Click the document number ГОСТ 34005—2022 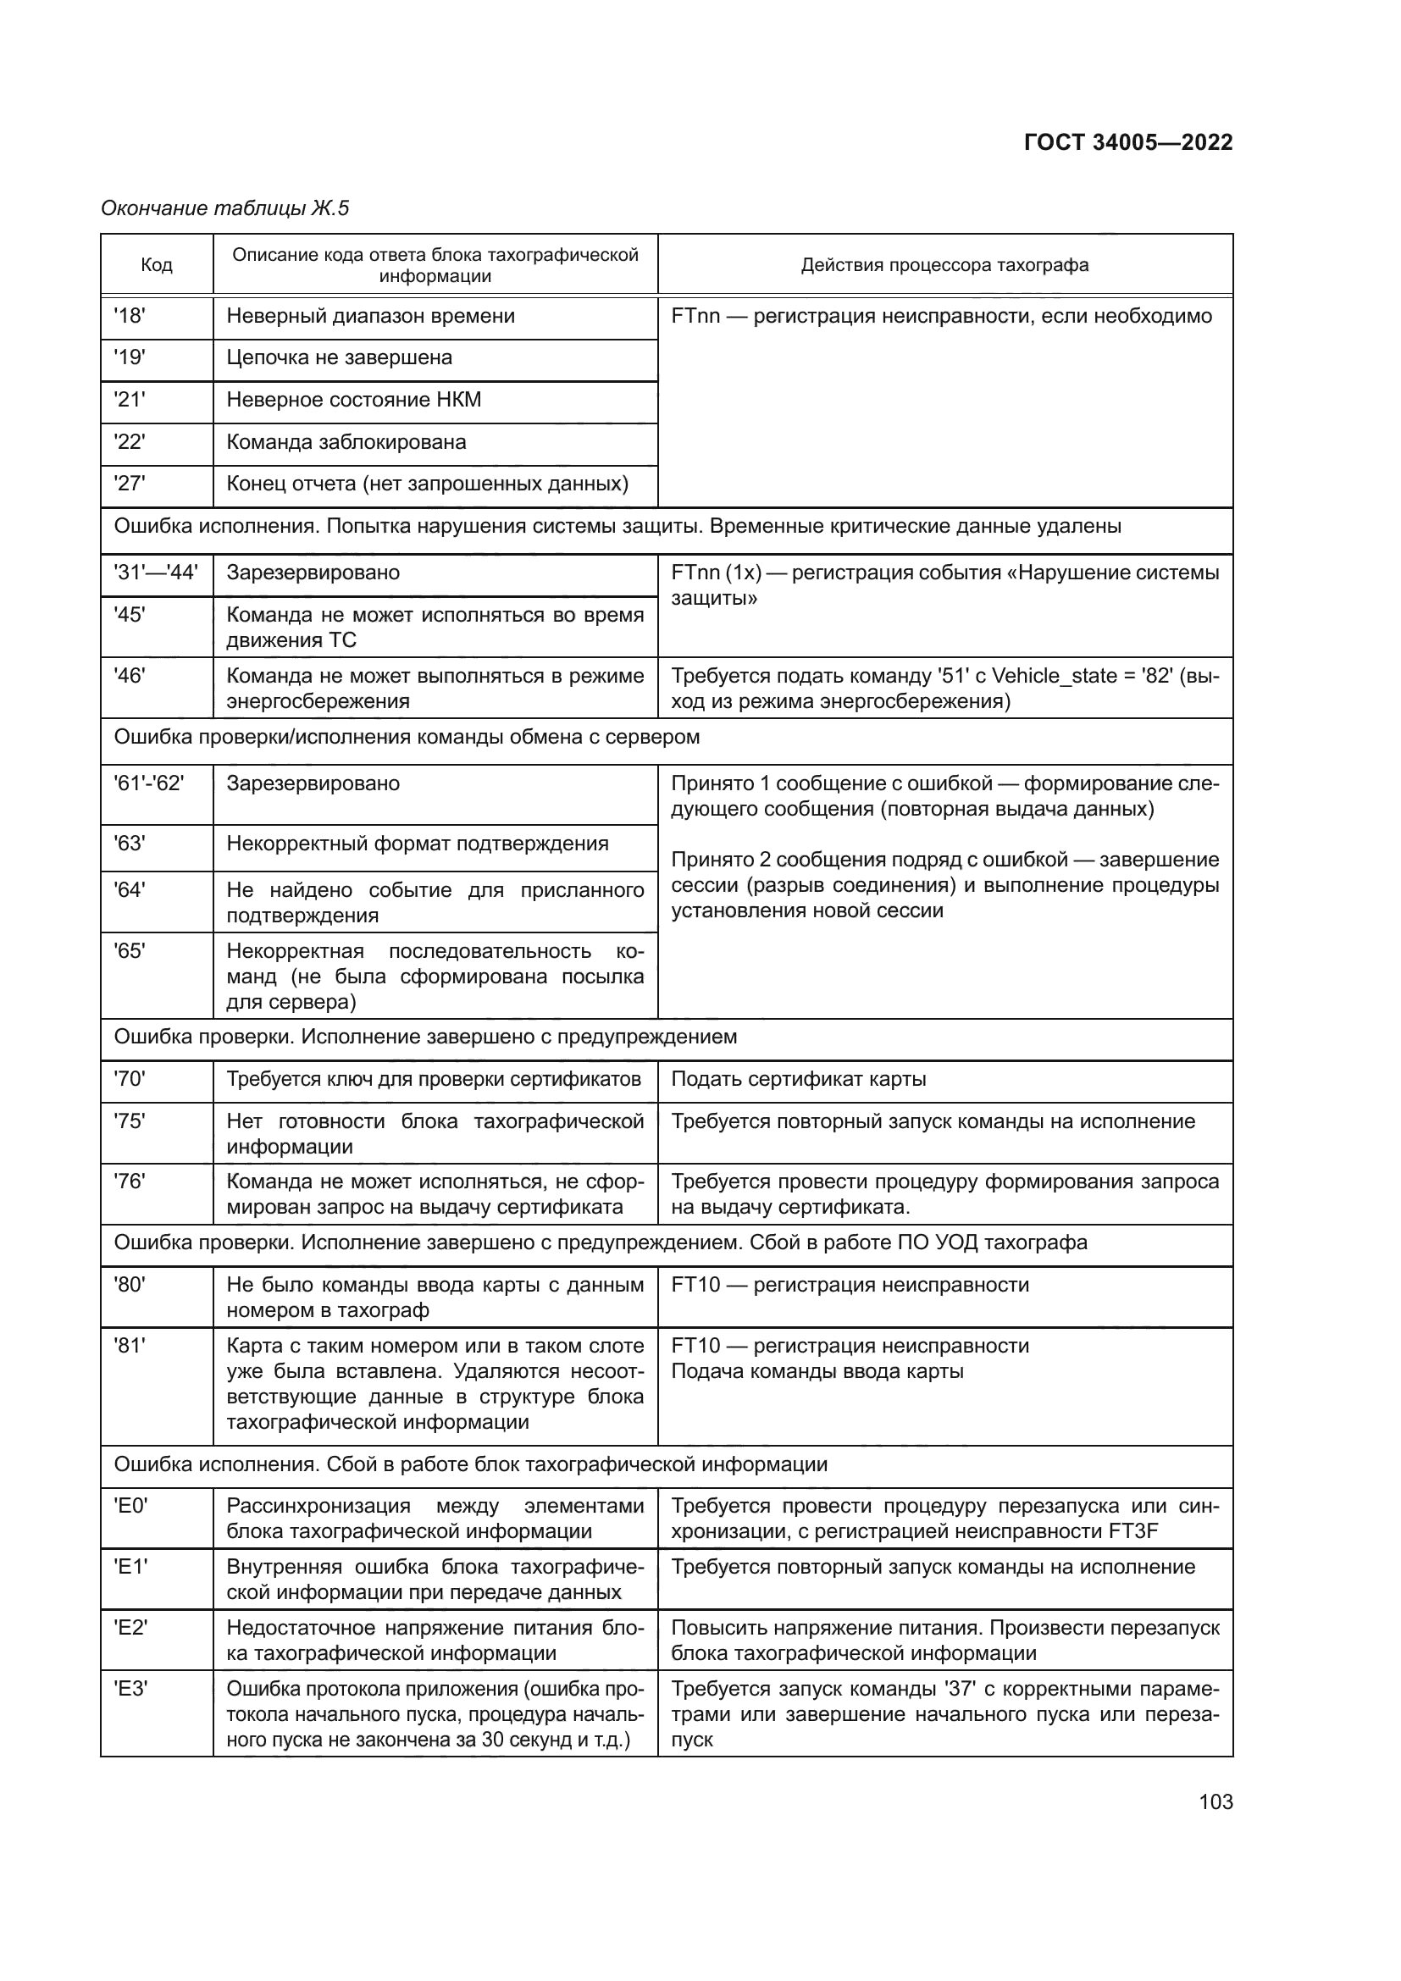[x=1127, y=143]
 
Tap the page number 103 [x=1215, y=1801]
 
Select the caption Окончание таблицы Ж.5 [x=224, y=208]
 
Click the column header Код [x=156, y=265]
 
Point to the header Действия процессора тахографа [x=944, y=265]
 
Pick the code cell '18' [x=130, y=316]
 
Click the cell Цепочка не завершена [x=339, y=357]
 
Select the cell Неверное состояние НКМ [x=354, y=400]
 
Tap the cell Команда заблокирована [x=346, y=442]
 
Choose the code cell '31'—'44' [x=155, y=572]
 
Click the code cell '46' [x=130, y=676]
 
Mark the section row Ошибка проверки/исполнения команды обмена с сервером [x=407, y=737]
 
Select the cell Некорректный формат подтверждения [x=418, y=843]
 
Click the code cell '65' [x=130, y=951]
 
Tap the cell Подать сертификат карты [x=798, y=1078]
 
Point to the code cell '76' [x=130, y=1181]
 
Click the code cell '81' [x=130, y=1345]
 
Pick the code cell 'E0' [x=131, y=1506]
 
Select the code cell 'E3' [x=131, y=1689]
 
